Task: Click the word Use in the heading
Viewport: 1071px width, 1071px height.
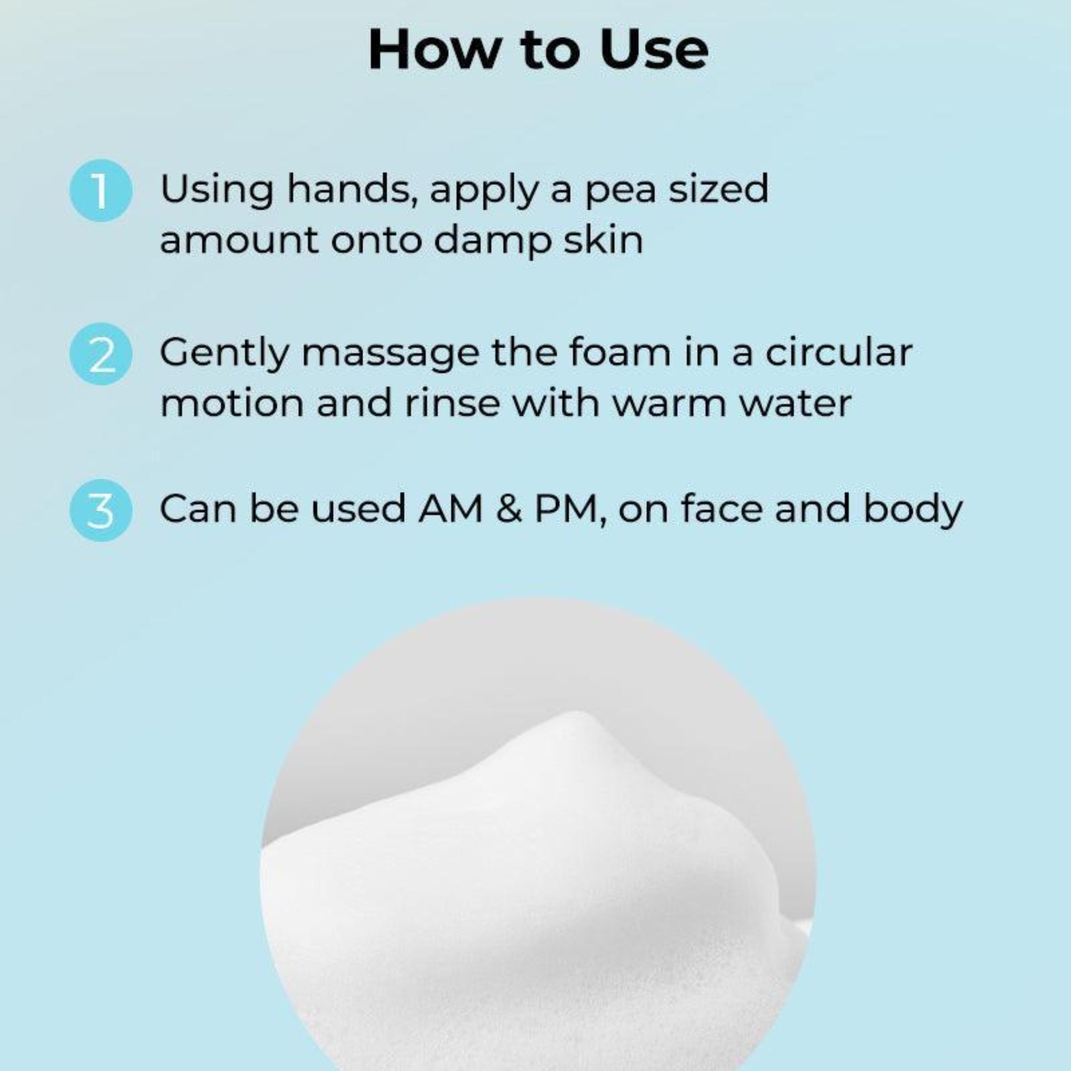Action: (653, 50)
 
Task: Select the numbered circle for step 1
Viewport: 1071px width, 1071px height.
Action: (101, 190)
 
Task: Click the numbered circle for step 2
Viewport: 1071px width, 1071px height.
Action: (101, 354)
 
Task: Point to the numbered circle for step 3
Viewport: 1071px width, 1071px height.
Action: (101, 510)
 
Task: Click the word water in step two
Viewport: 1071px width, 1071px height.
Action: (796, 404)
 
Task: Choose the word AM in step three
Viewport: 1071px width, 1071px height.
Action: (450, 509)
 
